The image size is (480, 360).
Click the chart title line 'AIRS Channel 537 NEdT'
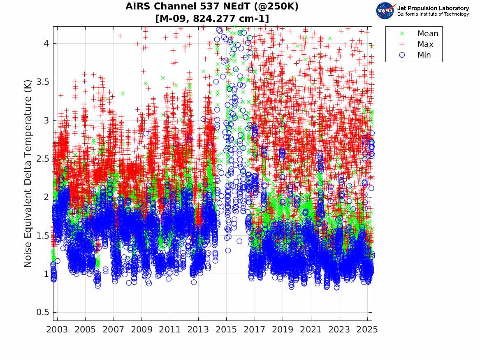212,7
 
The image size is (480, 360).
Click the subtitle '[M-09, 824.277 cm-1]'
212,18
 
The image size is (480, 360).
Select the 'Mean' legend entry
428,34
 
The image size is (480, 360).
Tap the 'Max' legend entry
425,44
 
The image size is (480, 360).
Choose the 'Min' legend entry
424,55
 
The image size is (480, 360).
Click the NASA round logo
385,11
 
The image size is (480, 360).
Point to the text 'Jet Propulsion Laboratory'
433,8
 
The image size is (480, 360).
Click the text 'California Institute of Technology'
433,14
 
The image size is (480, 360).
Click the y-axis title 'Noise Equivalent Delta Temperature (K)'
28,174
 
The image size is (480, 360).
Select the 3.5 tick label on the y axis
42,82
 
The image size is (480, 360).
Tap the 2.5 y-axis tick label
42,159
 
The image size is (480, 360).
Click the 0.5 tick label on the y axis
42,312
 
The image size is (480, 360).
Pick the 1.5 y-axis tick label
42,236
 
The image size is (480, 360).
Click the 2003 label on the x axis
57,330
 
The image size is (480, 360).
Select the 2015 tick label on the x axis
226,330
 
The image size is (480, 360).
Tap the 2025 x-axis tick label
367,330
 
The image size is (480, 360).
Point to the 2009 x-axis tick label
141,330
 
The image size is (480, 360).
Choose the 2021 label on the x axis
311,330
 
